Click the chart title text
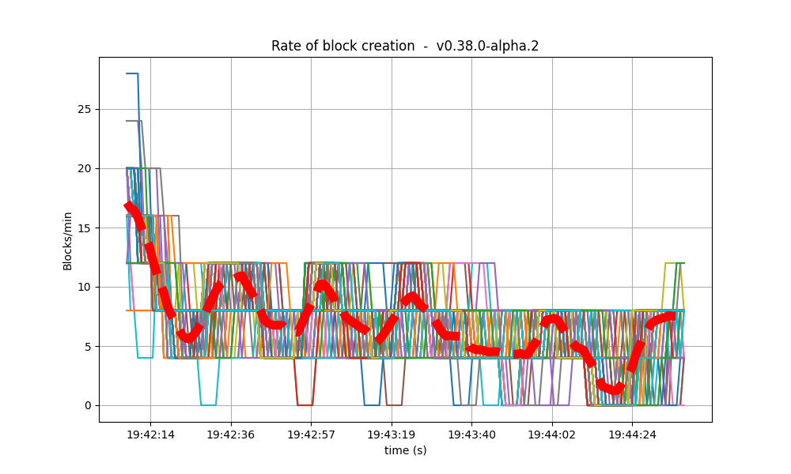click(x=405, y=46)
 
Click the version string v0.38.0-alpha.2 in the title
click(x=487, y=46)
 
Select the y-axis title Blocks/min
click(x=68, y=241)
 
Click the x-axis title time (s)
click(x=405, y=450)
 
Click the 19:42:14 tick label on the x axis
click(x=150, y=434)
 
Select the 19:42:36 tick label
click(x=231, y=434)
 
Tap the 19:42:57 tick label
click(x=311, y=434)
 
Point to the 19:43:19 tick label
click(x=392, y=434)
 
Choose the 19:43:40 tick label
click(x=471, y=434)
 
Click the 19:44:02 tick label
click(x=551, y=434)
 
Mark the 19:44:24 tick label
click(x=631, y=434)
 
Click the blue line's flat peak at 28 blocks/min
click(x=132, y=73)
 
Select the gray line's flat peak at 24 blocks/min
click(x=134, y=121)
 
